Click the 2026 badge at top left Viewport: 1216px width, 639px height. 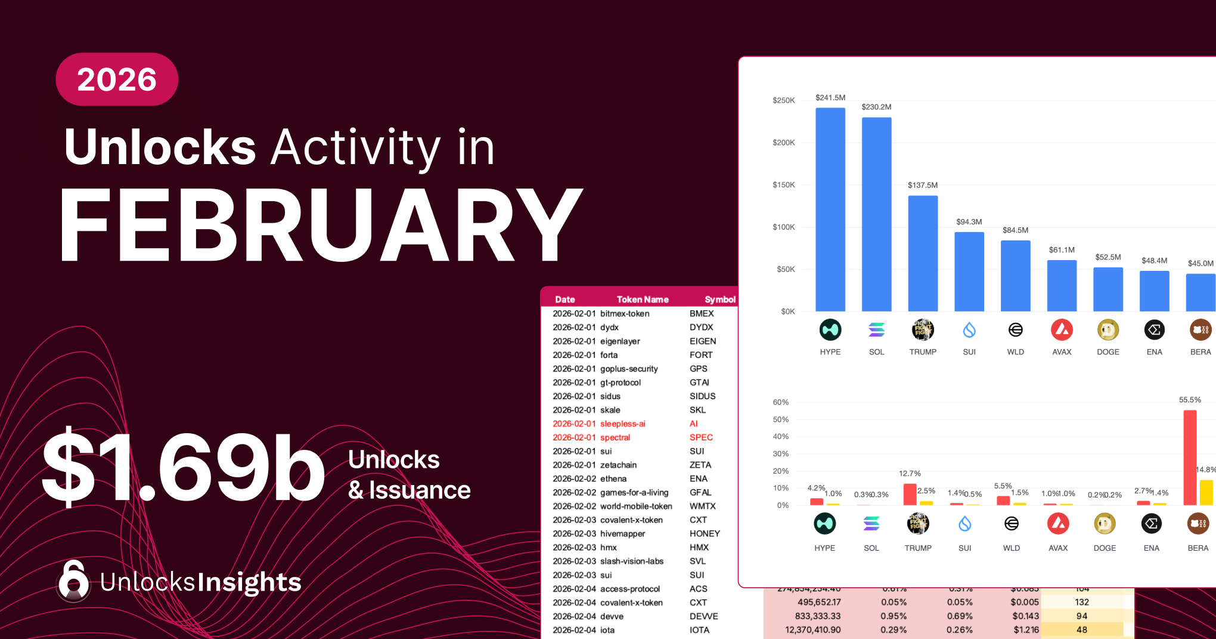117,79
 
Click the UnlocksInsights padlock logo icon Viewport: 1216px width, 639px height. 74,581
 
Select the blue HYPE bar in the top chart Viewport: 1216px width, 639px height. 830,209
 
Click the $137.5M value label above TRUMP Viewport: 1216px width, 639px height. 922,185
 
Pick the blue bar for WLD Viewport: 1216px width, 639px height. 1015,276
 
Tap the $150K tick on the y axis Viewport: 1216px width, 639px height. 784,185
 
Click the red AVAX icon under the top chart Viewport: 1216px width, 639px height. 1062,330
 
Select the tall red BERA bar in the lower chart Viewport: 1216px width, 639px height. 1190,458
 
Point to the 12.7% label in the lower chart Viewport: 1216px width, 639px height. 910,473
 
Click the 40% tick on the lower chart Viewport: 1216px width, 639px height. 781,437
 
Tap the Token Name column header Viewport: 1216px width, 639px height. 642,300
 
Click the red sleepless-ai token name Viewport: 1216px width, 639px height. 622,424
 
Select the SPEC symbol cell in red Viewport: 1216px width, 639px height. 701,437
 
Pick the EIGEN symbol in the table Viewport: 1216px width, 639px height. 703,341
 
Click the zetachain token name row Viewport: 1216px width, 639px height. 618,465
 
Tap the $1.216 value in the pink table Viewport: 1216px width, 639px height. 1026,629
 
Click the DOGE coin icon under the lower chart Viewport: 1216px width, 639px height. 1105,524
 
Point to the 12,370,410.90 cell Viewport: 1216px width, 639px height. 812,629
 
